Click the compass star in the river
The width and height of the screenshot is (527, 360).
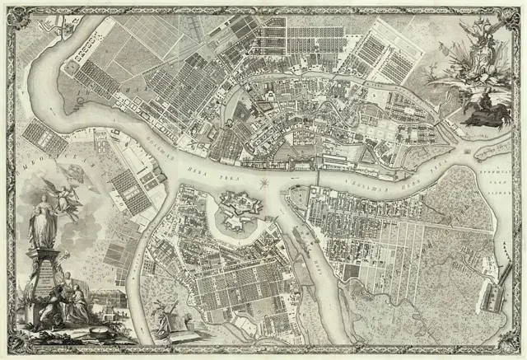tap(265, 182)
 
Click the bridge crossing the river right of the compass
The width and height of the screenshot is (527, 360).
tap(319, 176)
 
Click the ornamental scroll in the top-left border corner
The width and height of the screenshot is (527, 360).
tap(10, 10)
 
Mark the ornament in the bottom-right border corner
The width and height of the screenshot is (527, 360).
tap(517, 350)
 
